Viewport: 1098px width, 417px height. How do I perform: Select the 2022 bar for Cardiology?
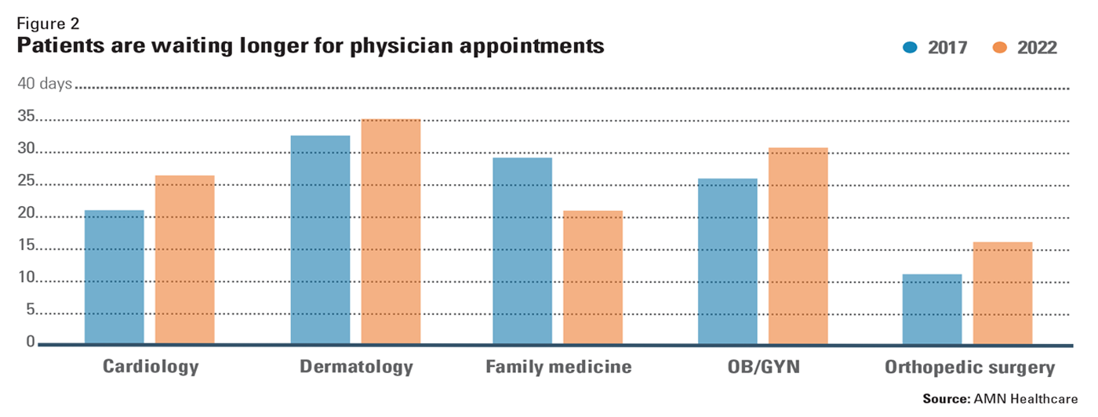(x=184, y=259)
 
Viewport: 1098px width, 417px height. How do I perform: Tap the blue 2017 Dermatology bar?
(x=320, y=240)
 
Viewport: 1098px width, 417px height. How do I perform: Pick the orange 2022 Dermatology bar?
(x=391, y=231)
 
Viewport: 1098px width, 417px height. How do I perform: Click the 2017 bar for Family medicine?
(x=522, y=251)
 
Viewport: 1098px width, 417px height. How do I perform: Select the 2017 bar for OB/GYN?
(x=728, y=261)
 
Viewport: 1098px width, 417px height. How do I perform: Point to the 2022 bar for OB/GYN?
(x=798, y=245)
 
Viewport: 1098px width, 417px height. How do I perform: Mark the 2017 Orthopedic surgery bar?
(x=932, y=309)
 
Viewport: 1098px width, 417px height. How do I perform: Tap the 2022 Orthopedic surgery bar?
(x=1002, y=293)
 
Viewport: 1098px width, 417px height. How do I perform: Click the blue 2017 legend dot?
(x=910, y=48)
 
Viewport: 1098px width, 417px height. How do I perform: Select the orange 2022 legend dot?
(x=998, y=48)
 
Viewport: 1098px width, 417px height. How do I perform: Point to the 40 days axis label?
(x=45, y=84)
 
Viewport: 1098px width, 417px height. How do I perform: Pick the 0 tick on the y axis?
(x=31, y=341)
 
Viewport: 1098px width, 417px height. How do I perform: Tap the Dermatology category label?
(x=356, y=367)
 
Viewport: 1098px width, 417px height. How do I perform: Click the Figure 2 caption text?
(x=47, y=24)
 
